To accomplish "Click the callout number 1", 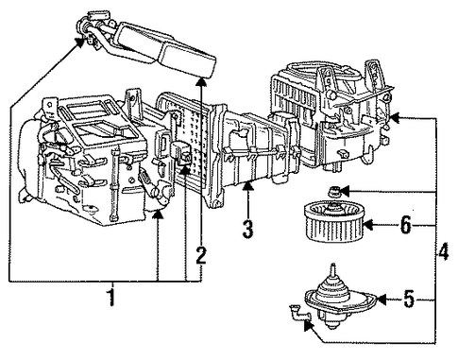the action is (x=110, y=295).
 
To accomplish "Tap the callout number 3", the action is (x=247, y=229).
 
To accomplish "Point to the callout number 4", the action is (x=444, y=251).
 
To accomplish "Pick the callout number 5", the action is (x=409, y=299).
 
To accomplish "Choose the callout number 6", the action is (x=406, y=225).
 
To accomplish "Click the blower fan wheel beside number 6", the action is (x=334, y=221).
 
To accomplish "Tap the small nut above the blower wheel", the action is (x=334, y=192).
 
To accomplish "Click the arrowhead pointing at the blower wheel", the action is (x=368, y=225).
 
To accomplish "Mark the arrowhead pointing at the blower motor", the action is (x=382, y=300).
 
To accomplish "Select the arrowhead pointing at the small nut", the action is (x=345, y=191).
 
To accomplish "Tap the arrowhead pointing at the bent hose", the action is (x=309, y=325).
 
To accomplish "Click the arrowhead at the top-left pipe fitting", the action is (x=80, y=43).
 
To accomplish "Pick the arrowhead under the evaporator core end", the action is (x=201, y=81).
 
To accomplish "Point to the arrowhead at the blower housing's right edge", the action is (x=395, y=118).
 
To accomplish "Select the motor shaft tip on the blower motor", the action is (x=332, y=267).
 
